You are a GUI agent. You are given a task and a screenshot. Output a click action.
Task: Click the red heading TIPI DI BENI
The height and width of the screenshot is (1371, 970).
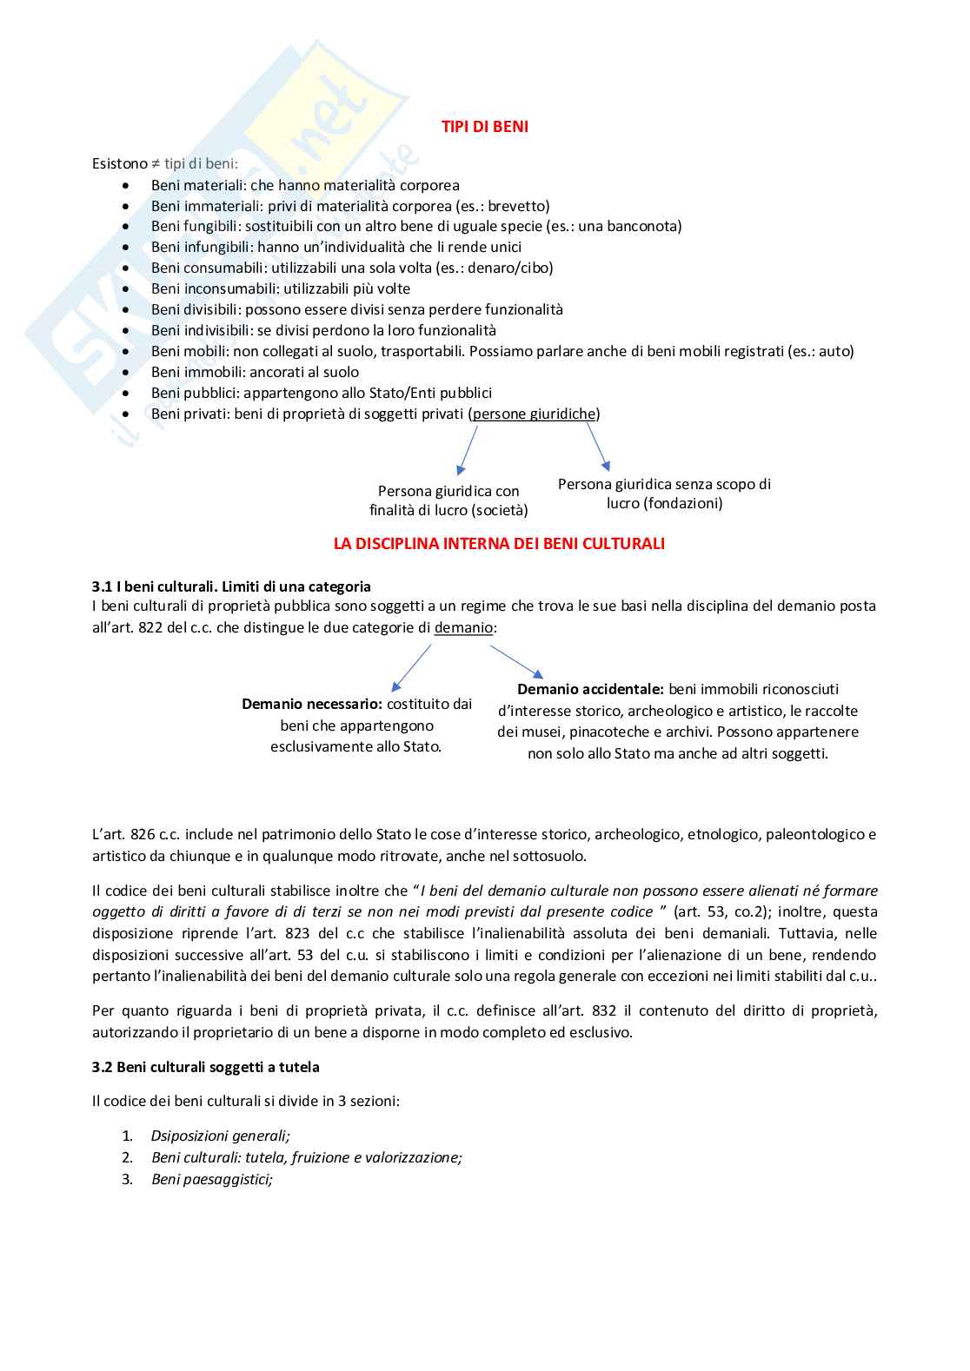(484, 127)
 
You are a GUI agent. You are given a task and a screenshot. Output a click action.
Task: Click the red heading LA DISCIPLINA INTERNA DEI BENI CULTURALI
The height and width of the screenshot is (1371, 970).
(499, 544)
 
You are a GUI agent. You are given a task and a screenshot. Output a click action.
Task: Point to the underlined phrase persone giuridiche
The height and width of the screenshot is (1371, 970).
(534, 414)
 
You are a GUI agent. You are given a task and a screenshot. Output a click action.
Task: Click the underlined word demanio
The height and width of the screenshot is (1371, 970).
(463, 627)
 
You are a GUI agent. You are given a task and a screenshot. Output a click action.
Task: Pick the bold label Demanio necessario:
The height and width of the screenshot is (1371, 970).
(312, 704)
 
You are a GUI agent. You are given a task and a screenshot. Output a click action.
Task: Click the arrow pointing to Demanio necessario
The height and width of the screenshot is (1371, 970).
(411, 667)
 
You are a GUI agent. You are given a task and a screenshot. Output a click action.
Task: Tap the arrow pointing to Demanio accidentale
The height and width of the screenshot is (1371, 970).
(517, 661)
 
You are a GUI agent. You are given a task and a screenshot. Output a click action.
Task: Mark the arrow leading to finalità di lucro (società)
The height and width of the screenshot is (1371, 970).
(468, 450)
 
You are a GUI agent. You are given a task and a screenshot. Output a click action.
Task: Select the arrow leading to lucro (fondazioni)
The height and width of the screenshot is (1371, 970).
(598, 447)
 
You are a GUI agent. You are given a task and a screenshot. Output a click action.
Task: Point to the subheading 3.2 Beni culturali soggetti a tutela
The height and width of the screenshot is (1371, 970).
(206, 1067)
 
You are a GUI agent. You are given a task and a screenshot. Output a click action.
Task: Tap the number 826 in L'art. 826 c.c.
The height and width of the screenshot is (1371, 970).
(143, 834)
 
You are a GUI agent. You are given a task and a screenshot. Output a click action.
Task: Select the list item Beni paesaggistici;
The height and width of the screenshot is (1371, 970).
(211, 1179)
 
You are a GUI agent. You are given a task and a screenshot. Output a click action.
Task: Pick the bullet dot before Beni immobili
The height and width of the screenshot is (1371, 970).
(127, 372)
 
